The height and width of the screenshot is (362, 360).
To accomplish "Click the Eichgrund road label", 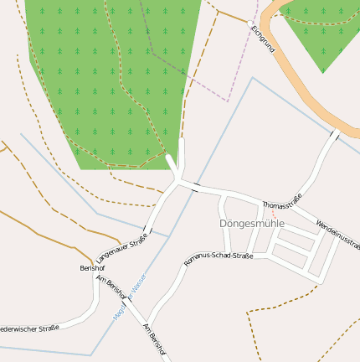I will pos(263,39).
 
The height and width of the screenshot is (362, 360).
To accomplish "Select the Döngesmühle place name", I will pos(252,224).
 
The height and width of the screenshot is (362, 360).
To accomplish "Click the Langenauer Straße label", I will pos(121,248).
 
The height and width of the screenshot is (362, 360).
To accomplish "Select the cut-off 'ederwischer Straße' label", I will pos(30,328).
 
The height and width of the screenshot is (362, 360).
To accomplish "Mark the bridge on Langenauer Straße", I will pos(148,228).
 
